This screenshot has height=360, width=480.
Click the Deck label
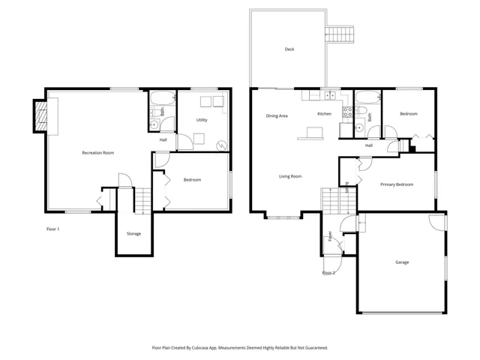[x=289, y=49]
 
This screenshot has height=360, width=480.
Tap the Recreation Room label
[x=97, y=153]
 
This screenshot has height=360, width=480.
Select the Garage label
[x=402, y=262]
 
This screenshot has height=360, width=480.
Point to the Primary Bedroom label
[x=396, y=184]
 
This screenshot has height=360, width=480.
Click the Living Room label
[x=290, y=176]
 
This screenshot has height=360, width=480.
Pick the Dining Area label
[x=277, y=116]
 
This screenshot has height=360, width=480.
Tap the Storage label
[x=133, y=234]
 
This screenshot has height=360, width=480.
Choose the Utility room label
[x=202, y=120]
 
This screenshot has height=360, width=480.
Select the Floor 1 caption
[x=53, y=229]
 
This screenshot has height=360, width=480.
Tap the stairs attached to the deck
[x=339, y=34]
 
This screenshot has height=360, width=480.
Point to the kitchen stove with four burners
[x=347, y=112]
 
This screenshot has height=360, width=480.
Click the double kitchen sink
[x=328, y=95]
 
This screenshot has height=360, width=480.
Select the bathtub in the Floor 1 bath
[x=160, y=99]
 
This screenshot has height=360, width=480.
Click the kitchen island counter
[x=310, y=133]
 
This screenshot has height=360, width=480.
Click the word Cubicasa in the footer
[x=212, y=348]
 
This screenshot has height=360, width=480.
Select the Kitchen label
[x=324, y=114]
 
